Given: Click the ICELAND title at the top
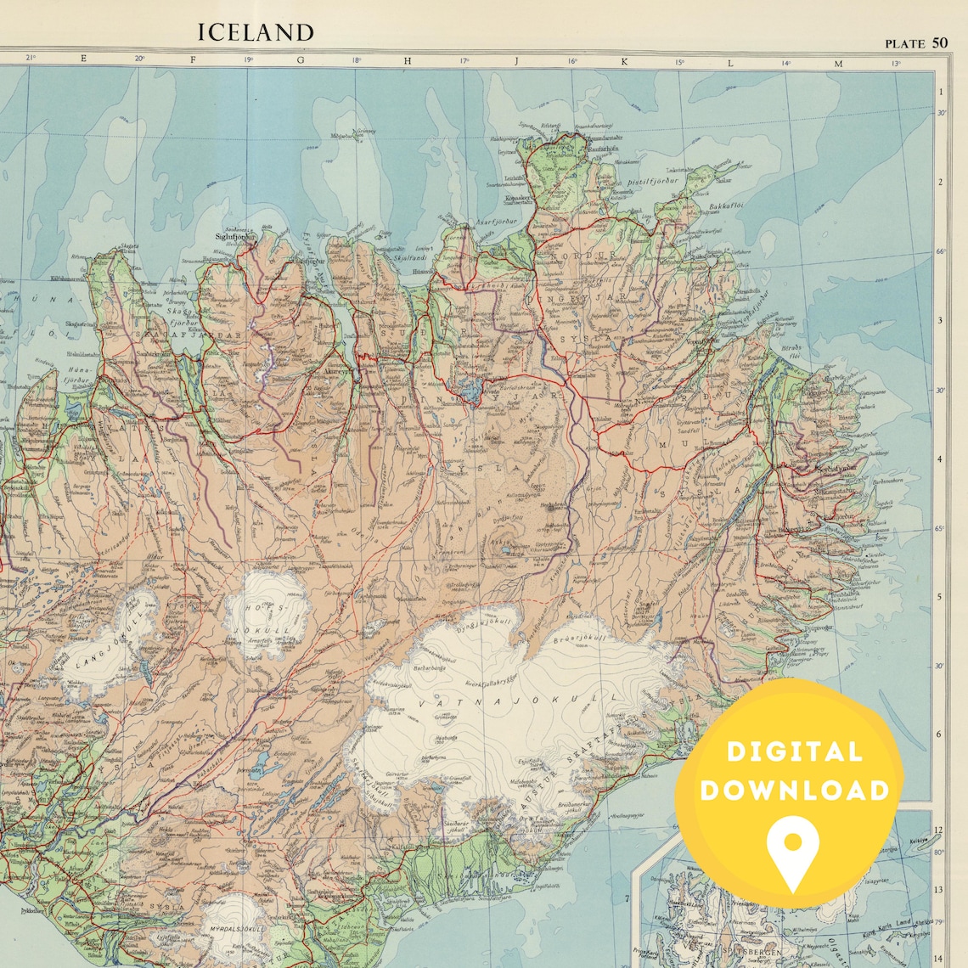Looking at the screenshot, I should (256, 33).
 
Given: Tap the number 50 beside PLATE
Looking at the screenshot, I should (938, 42).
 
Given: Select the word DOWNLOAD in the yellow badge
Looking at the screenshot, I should (795, 791).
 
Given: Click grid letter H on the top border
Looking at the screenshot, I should (408, 60).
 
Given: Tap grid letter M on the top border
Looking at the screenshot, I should (838, 63).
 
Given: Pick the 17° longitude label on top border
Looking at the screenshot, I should (464, 61).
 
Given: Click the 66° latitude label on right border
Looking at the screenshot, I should (940, 251).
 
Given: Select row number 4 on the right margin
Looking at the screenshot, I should (940, 459).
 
